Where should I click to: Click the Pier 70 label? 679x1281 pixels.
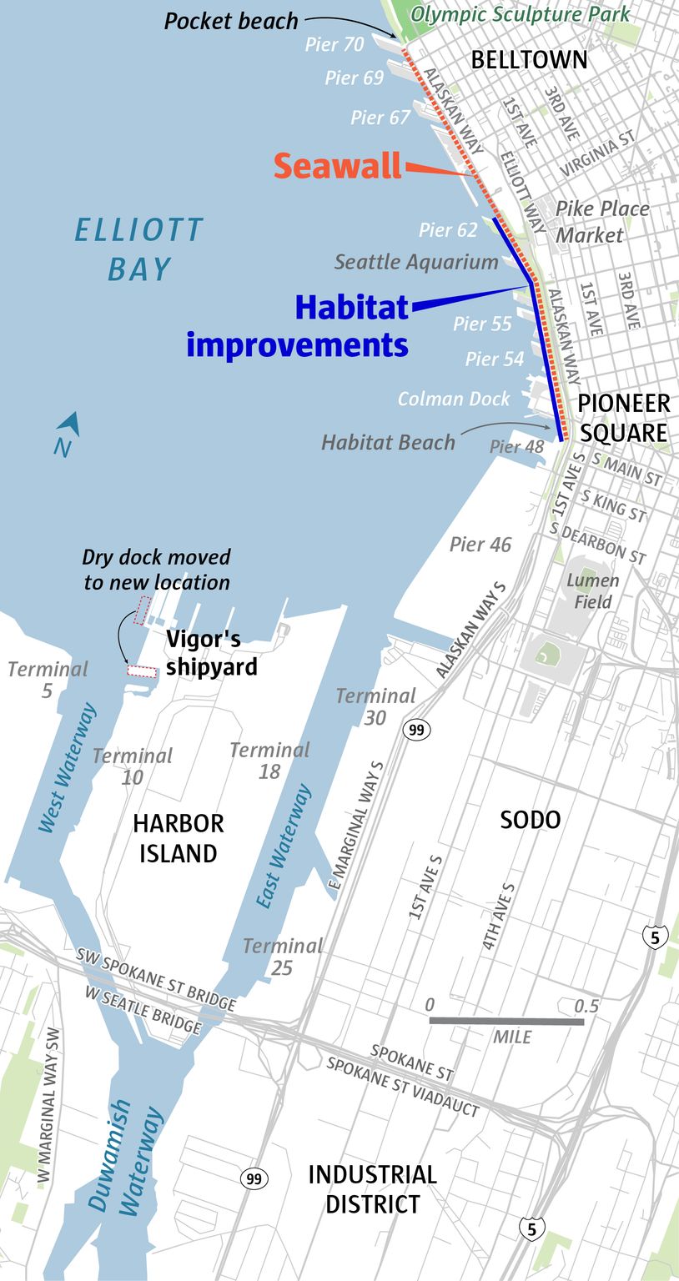pos(334,44)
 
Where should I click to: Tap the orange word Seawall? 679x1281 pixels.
pos(338,166)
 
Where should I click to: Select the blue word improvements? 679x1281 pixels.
pos(297,344)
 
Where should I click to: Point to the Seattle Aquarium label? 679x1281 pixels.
pos(416,262)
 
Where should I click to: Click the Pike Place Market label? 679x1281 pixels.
pos(601,222)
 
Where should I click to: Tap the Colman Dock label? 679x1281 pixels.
pos(453,399)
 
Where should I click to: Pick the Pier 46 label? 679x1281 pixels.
pos(480,545)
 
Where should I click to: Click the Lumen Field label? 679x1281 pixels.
pos(592,590)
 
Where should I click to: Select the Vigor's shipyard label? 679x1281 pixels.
pos(204,653)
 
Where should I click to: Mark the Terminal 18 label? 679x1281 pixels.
pos(269,760)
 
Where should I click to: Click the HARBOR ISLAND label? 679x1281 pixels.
pos(179,838)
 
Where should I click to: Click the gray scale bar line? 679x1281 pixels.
pos(506,1021)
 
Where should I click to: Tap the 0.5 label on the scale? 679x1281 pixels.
pos(586,1006)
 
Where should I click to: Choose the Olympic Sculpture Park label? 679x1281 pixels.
pos(521,13)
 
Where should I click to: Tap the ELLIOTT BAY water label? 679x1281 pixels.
pos(138,249)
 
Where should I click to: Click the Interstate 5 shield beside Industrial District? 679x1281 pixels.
pos(532,1228)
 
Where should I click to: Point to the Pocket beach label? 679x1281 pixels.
pos(230,21)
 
